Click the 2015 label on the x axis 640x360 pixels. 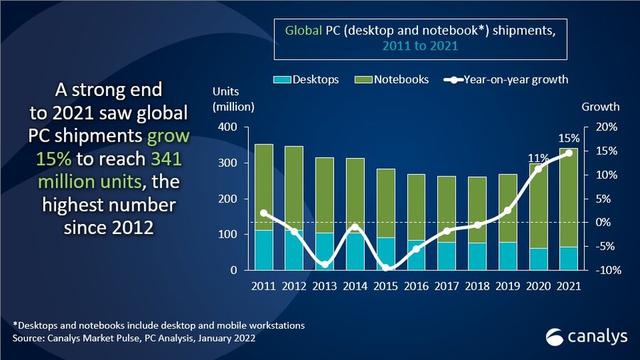click(x=386, y=286)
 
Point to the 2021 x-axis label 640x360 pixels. click(x=569, y=286)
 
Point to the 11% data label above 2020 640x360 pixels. click(x=537, y=158)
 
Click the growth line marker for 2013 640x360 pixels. click(x=325, y=265)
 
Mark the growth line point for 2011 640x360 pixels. click(x=264, y=213)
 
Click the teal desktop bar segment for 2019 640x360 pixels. click(x=508, y=256)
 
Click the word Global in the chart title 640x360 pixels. click(x=301, y=31)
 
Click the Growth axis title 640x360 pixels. click(x=601, y=107)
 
